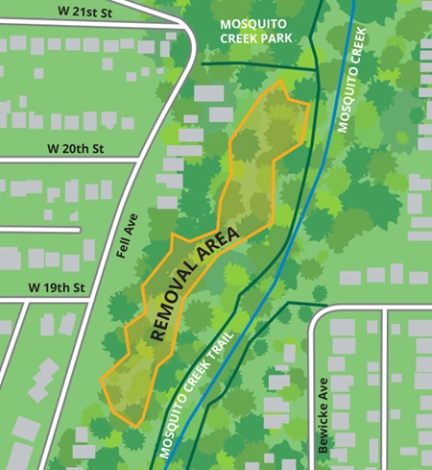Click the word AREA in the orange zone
click(219, 240)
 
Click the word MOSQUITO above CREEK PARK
click(252, 23)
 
